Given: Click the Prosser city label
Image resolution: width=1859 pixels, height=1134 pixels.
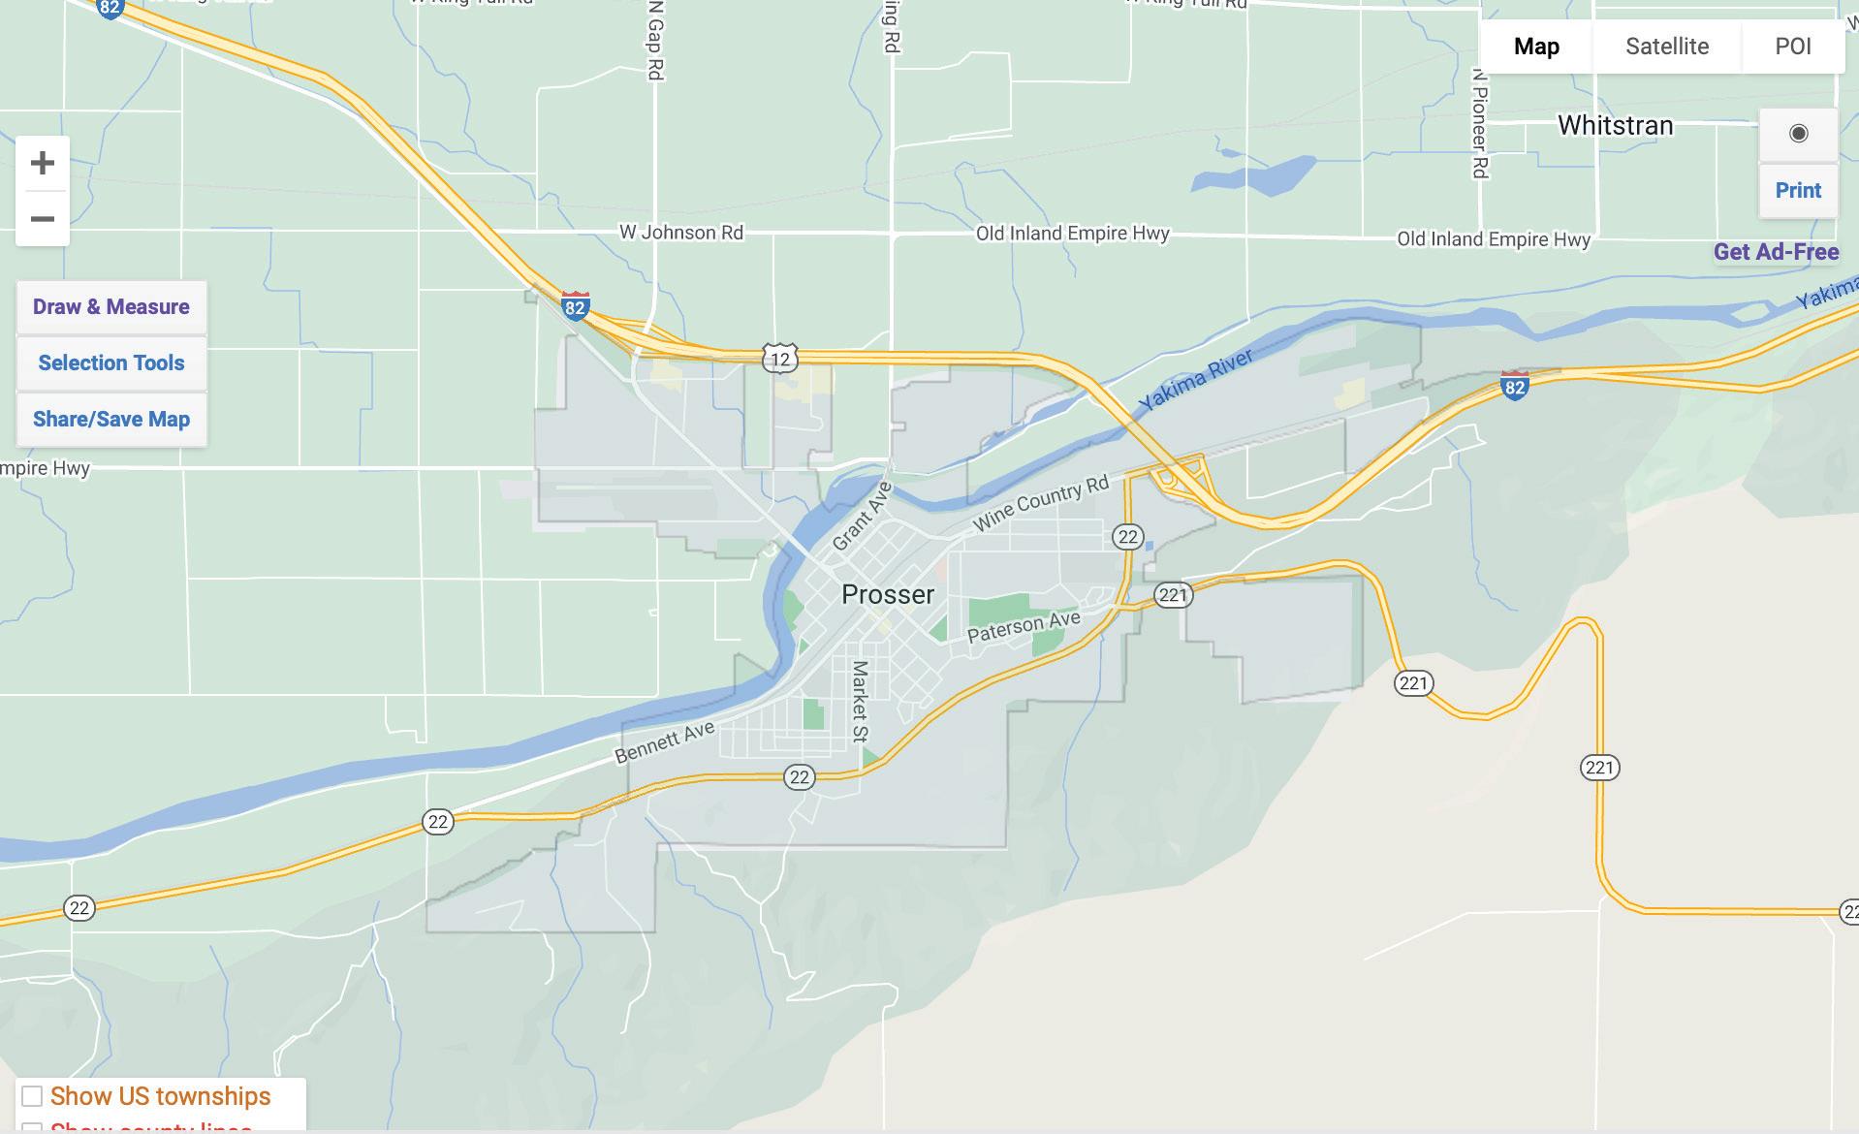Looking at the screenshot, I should coord(887,594).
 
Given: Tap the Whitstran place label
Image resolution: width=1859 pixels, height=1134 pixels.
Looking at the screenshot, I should coord(1615,125).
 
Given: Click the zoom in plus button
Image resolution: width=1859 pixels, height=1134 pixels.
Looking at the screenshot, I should coord(42,163).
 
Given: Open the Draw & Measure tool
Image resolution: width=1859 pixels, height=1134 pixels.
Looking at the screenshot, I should coord(111,307).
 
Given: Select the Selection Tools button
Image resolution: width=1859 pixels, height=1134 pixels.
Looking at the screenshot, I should coord(111,363).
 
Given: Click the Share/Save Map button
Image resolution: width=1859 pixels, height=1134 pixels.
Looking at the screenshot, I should coord(111,420).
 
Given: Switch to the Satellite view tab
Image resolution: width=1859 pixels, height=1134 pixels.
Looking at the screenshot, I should coord(1666,47).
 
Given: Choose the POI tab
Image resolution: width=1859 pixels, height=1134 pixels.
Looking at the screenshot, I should coord(1792,47).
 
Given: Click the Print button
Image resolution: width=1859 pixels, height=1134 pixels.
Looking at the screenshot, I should coord(1798,191).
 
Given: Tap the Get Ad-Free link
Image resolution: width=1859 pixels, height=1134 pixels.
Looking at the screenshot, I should coord(1776,252).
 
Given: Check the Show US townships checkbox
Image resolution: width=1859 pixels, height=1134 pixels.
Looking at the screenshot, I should coord(32,1096).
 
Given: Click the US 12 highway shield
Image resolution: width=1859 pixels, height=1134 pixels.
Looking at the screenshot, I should coord(779,359).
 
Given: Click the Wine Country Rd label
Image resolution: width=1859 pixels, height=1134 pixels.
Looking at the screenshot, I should coord(1040,503).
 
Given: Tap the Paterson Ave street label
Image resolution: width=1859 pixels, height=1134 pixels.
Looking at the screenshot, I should coord(1024,626).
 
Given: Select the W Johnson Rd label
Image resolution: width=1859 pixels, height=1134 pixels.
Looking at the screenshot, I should coord(681,233).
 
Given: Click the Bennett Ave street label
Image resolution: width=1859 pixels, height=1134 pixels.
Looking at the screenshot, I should coord(665,741).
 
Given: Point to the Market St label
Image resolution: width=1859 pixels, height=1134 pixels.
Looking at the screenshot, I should coord(859,701).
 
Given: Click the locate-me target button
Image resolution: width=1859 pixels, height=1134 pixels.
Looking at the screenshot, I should coord(1798,134).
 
